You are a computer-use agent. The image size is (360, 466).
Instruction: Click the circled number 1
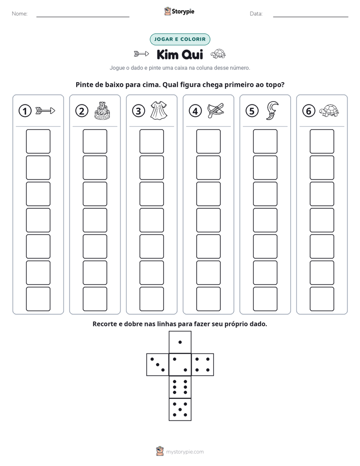click(25, 111)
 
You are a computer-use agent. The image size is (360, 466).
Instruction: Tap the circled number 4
click(195, 111)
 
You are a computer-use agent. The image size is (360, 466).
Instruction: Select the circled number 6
click(309, 111)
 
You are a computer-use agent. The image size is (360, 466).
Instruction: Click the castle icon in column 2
click(102, 110)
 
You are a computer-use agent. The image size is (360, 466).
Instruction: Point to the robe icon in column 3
click(159, 110)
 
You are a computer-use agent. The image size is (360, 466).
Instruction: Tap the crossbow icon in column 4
click(216, 110)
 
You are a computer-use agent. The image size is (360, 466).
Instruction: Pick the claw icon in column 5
click(272, 110)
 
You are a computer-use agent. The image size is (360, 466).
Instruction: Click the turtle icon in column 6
click(329, 110)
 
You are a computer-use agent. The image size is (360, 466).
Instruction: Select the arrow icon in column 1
click(45, 111)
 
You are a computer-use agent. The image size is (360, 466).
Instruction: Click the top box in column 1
click(38, 141)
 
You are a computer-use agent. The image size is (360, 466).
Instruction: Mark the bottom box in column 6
click(322, 299)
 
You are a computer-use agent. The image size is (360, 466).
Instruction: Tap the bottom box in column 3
click(151, 299)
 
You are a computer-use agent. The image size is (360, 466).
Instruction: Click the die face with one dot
click(180, 342)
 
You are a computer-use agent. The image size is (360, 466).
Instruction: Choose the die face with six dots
click(180, 387)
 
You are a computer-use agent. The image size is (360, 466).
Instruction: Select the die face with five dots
click(180, 410)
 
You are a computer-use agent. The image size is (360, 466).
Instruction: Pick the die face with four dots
click(203, 365)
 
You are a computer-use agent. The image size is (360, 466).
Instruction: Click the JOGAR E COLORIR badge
click(180, 39)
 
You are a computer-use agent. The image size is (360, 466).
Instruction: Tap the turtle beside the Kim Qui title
click(218, 54)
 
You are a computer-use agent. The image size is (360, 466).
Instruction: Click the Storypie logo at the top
click(179, 12)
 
